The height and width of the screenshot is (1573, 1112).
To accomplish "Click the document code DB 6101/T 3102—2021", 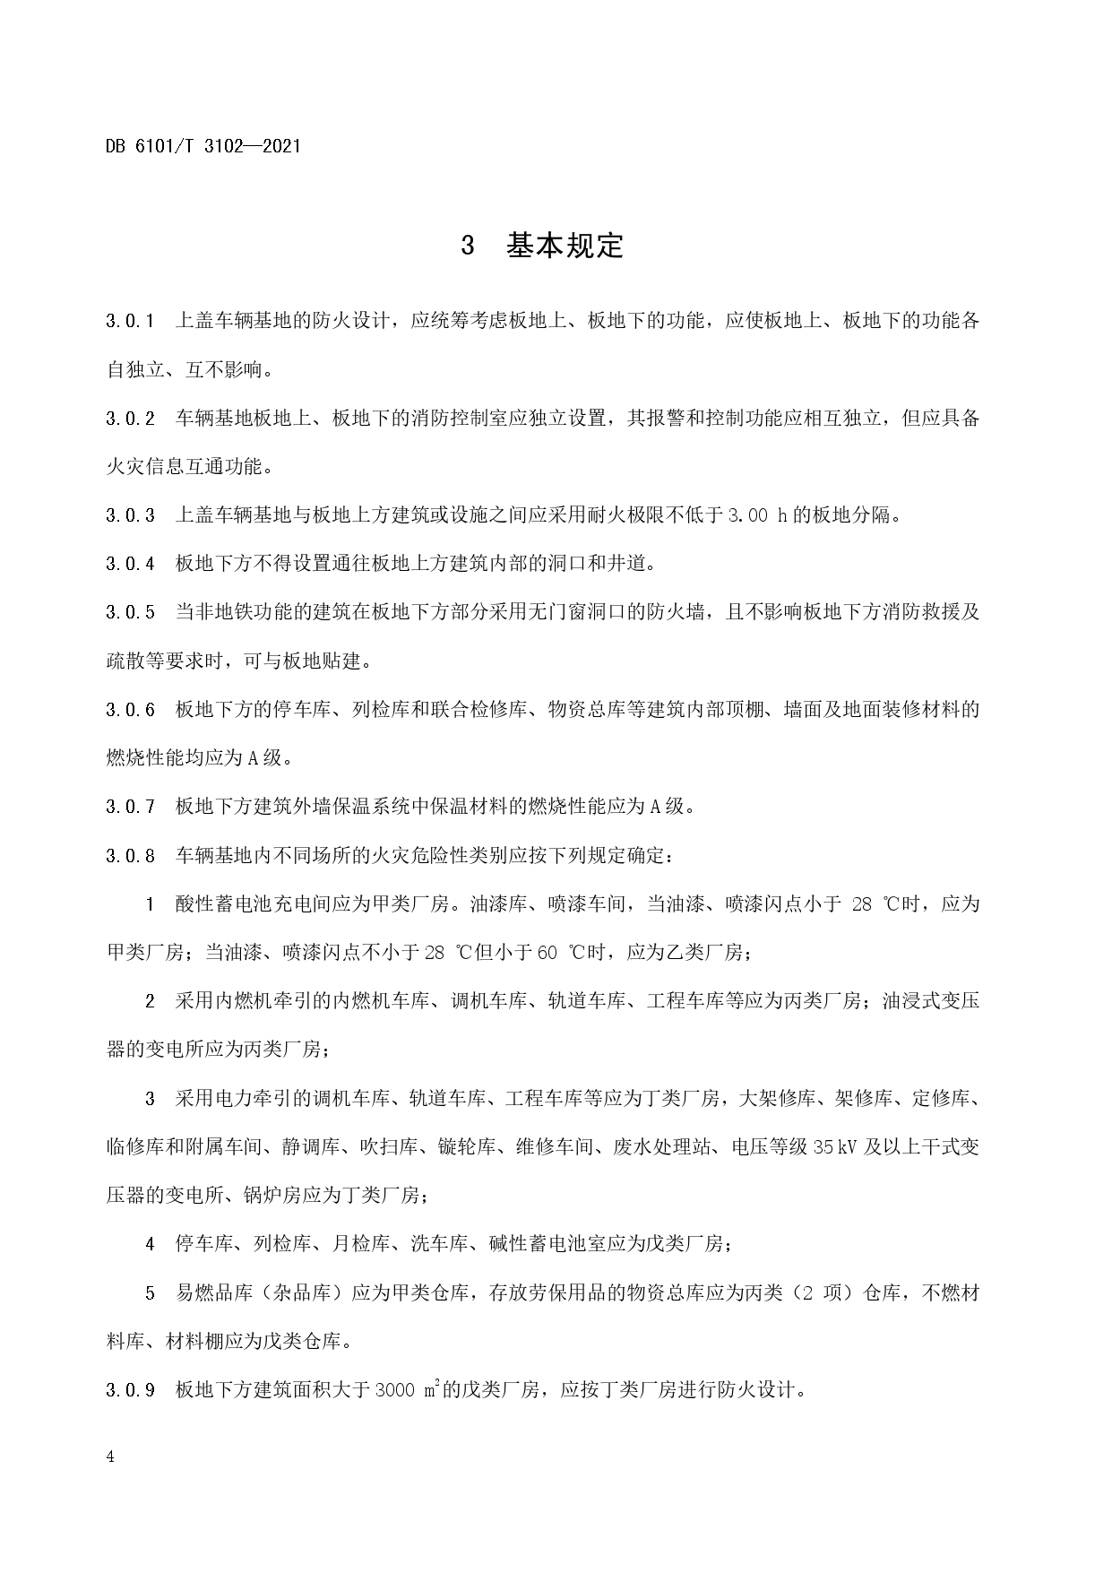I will [x=203, y=145].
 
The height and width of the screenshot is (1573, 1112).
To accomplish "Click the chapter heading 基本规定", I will [x=565, y=246].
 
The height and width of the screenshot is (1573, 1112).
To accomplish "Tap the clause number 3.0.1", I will [x=131, y=320].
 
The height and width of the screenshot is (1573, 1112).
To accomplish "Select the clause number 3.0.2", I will [x=131, y=418].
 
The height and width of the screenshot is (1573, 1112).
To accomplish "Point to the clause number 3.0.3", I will [x=131, y=515].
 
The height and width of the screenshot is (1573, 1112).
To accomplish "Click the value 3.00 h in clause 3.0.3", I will [x=758, y=515].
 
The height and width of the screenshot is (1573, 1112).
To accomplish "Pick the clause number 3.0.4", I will [x=131, y=564].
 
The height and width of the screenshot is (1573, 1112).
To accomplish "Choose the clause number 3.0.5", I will [x=131, y=612].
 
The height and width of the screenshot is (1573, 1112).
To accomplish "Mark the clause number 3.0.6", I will [x=131, y=710].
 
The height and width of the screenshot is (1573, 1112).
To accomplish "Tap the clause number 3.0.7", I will [x=131, y=807].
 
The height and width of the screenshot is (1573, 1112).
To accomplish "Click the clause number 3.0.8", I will [x=131, y=855].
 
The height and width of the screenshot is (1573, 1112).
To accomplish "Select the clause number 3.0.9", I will [x=131, y=1390].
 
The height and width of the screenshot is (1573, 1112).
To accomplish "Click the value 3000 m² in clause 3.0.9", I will [x=407, y=1390].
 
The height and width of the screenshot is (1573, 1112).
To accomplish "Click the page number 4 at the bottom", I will [x=110, y=1457].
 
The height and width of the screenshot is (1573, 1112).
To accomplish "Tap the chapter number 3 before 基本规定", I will [x=467, y=246].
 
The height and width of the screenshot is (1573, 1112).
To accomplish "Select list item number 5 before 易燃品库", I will [x=151, y=1293].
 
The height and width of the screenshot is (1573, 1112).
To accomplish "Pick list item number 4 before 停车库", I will [x=151, y=1244].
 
